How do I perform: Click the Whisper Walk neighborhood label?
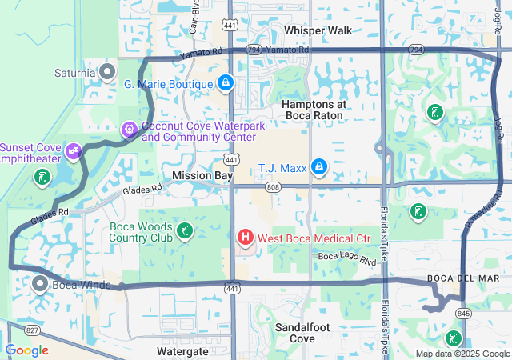318,30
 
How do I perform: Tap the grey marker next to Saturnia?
108,73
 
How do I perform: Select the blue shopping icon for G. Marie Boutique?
226,82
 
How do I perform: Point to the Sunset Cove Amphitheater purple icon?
74,150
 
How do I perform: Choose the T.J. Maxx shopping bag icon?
318,167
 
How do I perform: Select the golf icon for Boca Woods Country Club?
185,231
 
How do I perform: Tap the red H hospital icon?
246,238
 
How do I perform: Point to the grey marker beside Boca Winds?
40,283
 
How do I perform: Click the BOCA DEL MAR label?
463,278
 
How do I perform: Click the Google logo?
26,350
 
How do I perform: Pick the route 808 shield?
274,187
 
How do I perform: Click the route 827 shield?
32,330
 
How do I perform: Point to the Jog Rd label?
498,127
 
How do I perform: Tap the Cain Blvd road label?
194,22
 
